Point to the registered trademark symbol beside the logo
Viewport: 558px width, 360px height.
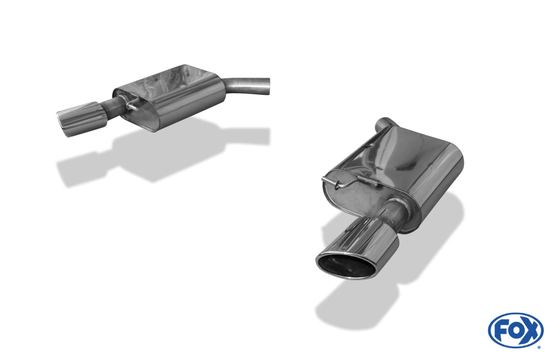point(540,347)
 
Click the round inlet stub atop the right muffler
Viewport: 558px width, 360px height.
point(384,123)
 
